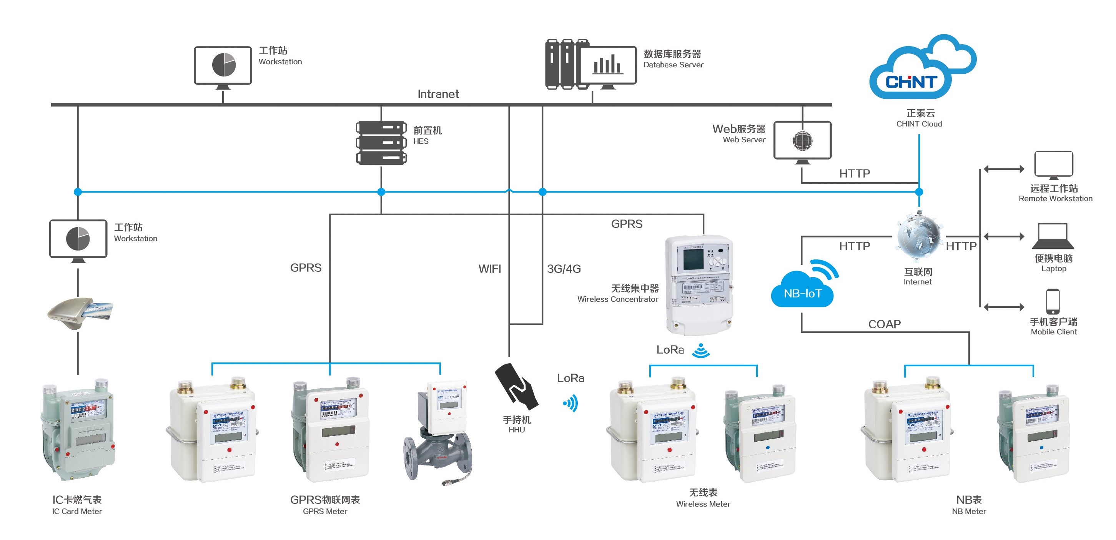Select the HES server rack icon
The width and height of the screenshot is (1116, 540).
pos(381,143)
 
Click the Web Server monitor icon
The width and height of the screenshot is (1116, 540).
pos(802,141)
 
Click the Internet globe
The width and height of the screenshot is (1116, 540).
pos(918,236)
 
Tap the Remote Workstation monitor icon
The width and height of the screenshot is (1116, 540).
pos(1054,164)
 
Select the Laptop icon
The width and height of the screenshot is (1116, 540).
pos(1053,236)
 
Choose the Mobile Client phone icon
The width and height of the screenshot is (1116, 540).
pos(1053,301)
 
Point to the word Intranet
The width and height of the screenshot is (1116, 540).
pos(438,94)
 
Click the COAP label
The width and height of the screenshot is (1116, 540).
pos(884,324)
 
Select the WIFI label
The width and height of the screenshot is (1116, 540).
pos(489,269)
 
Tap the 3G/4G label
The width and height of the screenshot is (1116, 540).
pos(564,269)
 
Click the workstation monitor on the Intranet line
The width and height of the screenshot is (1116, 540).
pos(223,66)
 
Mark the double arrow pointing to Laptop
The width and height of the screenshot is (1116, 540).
pos(1004,236)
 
